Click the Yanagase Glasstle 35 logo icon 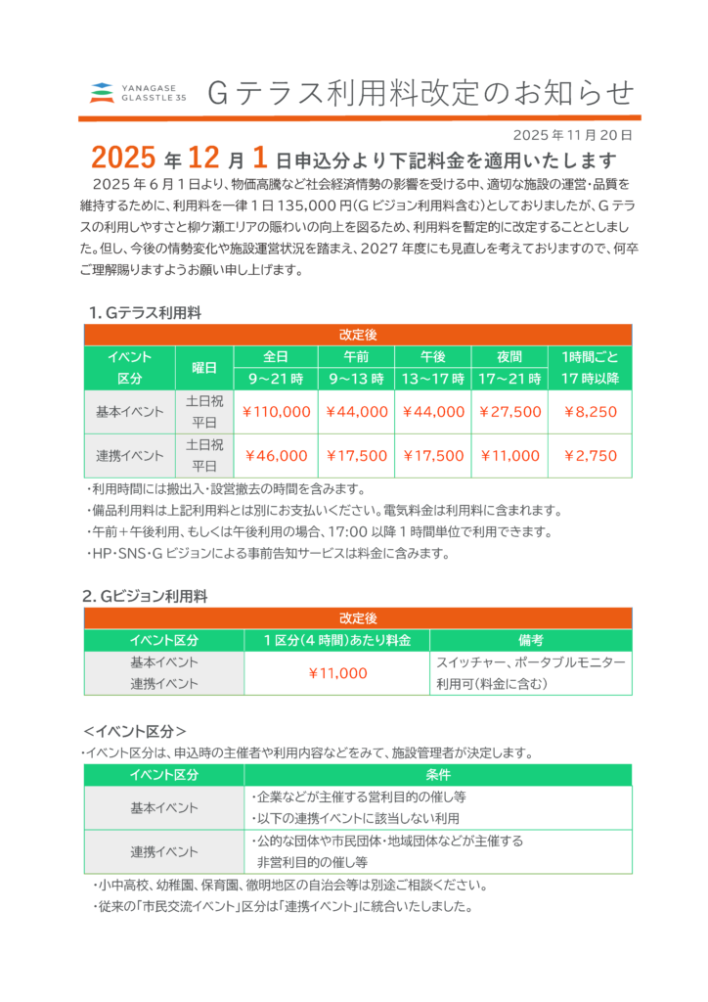(x=102, y=93)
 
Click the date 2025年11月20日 (x=572, y=135)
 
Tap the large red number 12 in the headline (x=207, y=159)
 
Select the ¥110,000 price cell (x=276, y=412)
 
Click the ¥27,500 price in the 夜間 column (x=509, y=412)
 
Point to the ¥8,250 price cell (x=590, y=412)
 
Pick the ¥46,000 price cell (x=276, y=456)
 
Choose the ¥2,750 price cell (x=590, y=456)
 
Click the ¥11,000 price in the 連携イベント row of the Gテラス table (x=509, y=456)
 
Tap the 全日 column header (x=276, y=356)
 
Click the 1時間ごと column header (x=590, y=356)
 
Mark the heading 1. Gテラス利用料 (x=145, y=313)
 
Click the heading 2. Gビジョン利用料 (x=145, y=596)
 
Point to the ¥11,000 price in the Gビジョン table (x=337, y=673)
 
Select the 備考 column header (x=531, y=641)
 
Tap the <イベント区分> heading (x=134, y=731)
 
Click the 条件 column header (x=438, y=775)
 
